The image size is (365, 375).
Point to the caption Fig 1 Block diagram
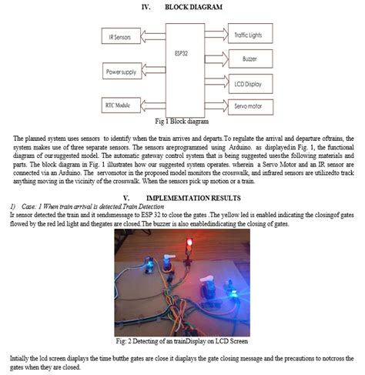[x=182, y=121]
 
